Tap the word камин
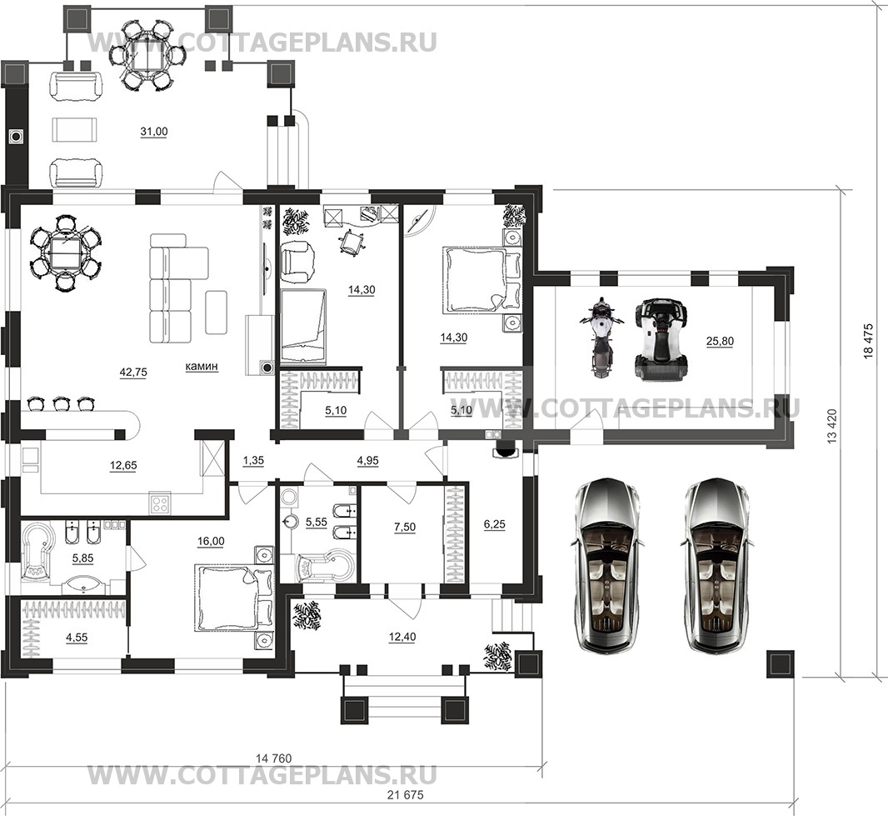202,367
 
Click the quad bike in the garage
661,333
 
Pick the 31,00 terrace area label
154,132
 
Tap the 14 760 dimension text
274,758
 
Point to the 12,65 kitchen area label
123,466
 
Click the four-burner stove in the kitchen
160,503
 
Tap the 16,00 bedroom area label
211,542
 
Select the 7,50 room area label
405,527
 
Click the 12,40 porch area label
402,637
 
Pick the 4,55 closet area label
77,637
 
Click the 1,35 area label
253,461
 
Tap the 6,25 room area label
495,525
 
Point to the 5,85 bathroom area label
82,558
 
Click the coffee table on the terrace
75,130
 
